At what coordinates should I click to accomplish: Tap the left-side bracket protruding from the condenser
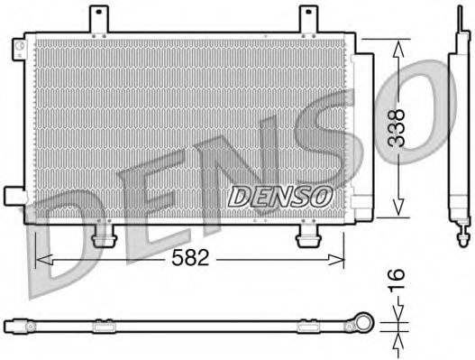click(14, 196)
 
